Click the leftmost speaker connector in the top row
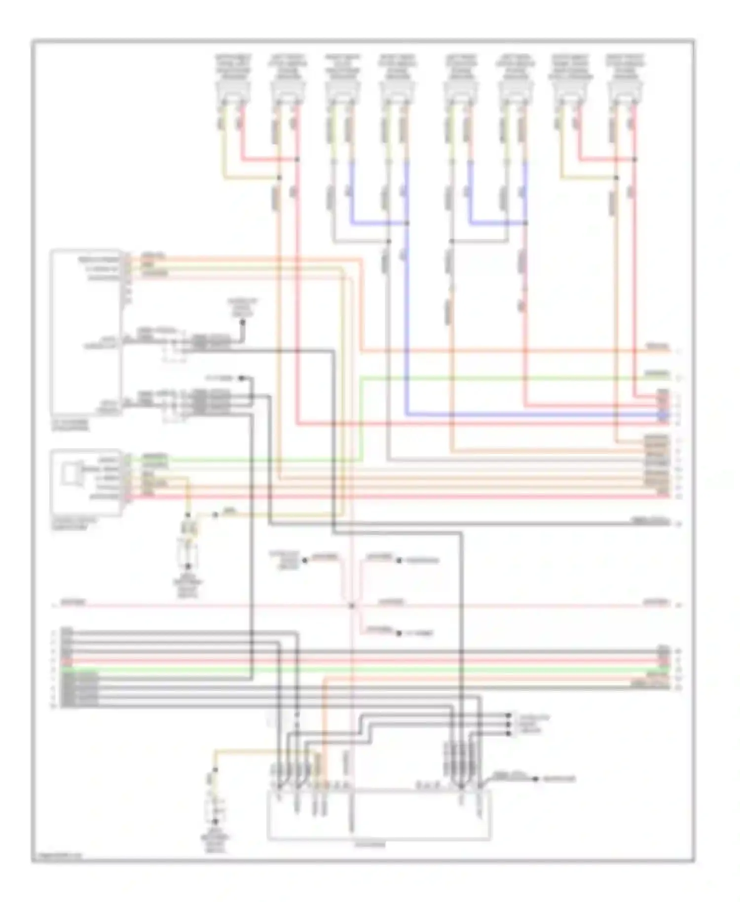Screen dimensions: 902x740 (x=232, y=92)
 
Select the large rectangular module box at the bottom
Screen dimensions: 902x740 (x=379, y=814)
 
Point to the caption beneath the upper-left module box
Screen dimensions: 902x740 (x=71, y=425)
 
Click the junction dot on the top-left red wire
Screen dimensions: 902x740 (x=297, y=159)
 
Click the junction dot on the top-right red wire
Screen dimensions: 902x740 (x=634, y=159)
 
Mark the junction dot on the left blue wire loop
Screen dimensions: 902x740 (x=407, y=223)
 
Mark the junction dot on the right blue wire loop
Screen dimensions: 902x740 (x=525, y=223)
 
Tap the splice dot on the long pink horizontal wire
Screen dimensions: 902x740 (x=352, y=605)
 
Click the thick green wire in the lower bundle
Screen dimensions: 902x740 (x=365, y=669)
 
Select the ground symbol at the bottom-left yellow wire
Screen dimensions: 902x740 (x=215, y=822)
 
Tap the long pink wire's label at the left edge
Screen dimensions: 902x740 (x=73, y=602)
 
